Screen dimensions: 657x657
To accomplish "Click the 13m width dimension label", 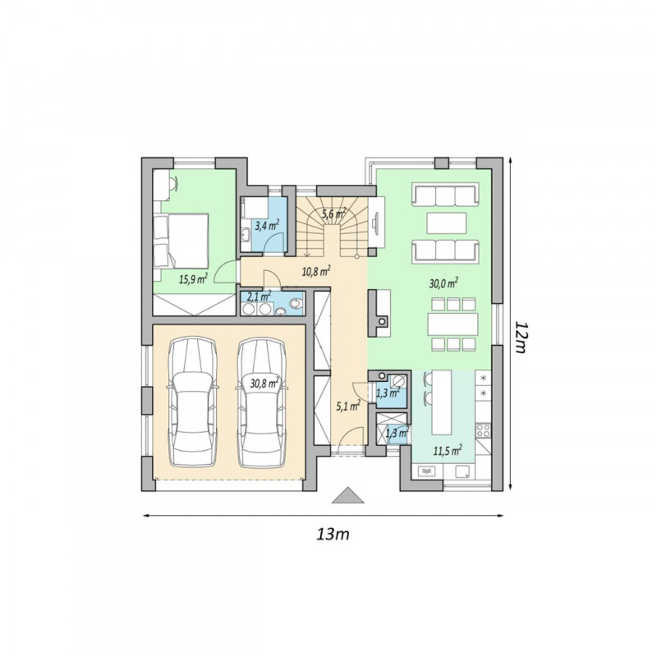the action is [x=333, y=535].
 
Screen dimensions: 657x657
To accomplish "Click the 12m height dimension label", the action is [x=520, y=338].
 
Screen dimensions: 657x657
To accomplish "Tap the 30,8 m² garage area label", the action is [x=265, y=383].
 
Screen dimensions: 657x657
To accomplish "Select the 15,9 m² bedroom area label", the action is [x=193, y=279].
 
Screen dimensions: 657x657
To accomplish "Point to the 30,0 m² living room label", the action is [x=443, y=283].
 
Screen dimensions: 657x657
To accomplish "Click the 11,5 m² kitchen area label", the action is [x=448, y=450].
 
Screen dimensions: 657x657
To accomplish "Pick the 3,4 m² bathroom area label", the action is [x=267, y=226].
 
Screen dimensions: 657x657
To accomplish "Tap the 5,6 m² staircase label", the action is [x=334, y=214].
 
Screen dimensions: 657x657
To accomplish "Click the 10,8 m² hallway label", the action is [x=316, y=272].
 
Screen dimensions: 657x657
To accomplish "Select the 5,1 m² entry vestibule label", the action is [x=348, y=405].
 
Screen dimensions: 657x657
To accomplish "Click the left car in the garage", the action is [x=192, y=402].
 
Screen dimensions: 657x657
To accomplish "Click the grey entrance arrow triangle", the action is [x=347, y=495].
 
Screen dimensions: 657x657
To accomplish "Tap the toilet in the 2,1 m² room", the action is [x=296, y=303].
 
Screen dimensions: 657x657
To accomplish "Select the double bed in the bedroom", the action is [x=181, y=241].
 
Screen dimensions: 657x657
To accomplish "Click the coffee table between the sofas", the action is [x=447, y=223].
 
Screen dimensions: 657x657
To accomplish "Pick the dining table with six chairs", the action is [x=453, y=324].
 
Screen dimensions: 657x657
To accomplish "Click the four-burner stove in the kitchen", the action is [x=483, y=430].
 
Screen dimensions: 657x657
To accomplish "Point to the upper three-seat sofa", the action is [x=446, y=195].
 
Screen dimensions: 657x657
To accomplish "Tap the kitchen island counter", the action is [x=442, y=402].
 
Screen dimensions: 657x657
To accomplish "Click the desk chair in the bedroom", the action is [x=174, y=183].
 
